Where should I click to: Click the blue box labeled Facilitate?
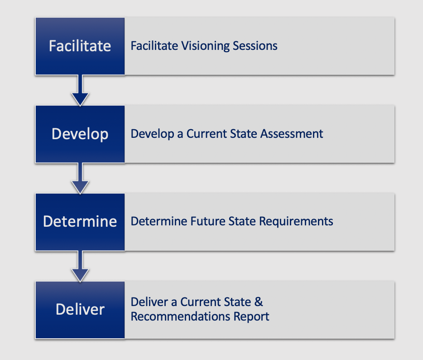tap(80, 46)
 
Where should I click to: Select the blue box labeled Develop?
tap(80, 134)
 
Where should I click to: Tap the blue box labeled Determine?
tap(80, 222)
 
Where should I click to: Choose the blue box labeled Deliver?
tap(80, 310)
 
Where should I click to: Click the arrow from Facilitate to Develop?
tap(80, 90)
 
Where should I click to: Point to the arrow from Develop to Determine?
tap(80, 178)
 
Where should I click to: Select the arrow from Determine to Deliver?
tap(80, 266)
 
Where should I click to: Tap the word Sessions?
tap(255, 46)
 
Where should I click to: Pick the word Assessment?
tap(292, 134)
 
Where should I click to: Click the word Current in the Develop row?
tap(206, 134)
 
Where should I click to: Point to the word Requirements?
tap(296, 222)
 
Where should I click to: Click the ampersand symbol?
tap(259, 302)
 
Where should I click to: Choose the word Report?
tap(251, 317)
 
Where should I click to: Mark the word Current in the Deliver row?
tap(200, 302)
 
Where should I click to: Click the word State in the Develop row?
tap(243, 134)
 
